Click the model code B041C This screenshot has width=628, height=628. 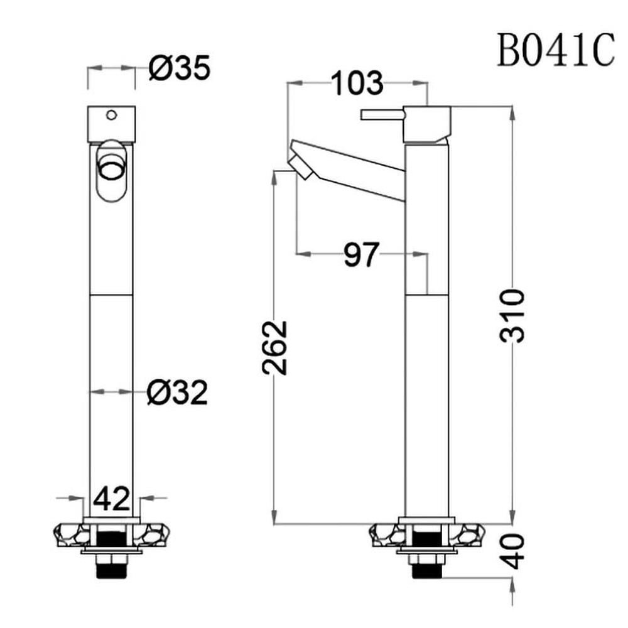[x=556, y=50]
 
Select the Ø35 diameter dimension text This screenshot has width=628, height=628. [x=180, y=68]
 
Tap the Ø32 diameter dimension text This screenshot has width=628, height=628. [x=178, y=392]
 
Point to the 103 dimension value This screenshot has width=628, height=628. [x=357, y=83]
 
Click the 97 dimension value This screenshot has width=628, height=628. [x=361, y=254]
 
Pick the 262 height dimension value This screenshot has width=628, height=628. [x=275, y=348]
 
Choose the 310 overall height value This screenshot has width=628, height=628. [x=512, y=316]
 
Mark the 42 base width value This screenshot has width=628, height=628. [x=112, y=499]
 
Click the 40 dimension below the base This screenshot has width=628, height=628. [x=514, y=551]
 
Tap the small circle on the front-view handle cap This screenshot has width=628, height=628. [x=111, y=115]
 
